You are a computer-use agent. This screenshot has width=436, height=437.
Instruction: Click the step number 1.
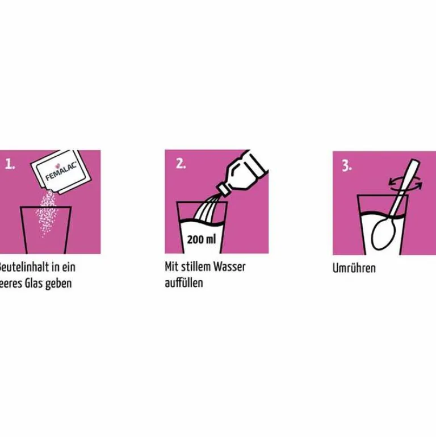10,164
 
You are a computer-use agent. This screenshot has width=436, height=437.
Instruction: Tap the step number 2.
181,164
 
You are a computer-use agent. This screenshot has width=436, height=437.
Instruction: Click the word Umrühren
354,268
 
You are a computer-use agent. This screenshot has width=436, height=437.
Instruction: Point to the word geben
59,284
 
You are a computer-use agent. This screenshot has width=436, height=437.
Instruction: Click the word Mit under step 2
171,267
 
